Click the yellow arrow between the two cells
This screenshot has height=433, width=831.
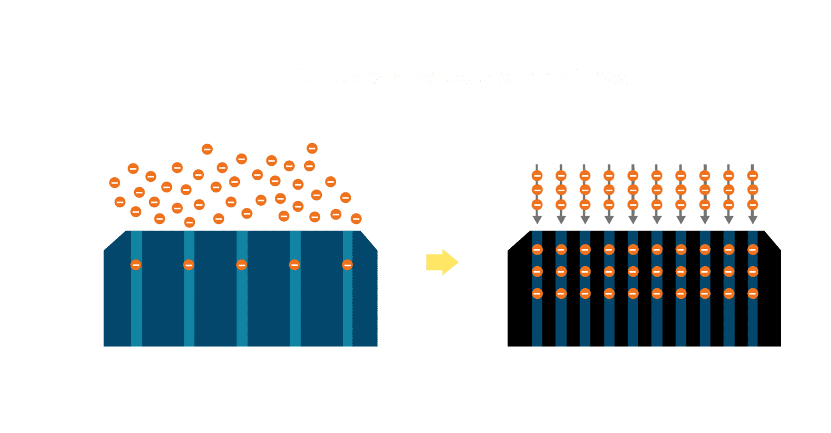pos(442,262)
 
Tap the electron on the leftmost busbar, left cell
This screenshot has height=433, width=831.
pos(136,265)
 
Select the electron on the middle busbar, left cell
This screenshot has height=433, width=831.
pos(242,265)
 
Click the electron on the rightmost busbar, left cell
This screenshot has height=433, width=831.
pos(347,265)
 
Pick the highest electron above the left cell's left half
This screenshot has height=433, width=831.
pos(207,149)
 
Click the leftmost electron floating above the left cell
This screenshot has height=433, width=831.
pos(115,182)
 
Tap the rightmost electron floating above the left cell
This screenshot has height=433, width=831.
pos(356,218)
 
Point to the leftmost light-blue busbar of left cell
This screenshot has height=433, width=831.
pos(136,310)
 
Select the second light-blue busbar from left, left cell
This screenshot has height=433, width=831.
pos(189,310)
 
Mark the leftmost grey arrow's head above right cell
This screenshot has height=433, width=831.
pos(537,220)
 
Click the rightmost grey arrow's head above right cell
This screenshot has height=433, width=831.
pos(752,220)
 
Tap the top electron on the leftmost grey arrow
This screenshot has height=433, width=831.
pos(537,176)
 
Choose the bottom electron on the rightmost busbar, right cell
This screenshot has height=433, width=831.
pos(752,293)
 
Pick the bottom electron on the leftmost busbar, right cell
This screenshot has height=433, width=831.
pos(537,293)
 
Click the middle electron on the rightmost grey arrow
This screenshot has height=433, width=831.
pos(752,190)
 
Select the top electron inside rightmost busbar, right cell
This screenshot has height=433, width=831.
pos(752,249)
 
